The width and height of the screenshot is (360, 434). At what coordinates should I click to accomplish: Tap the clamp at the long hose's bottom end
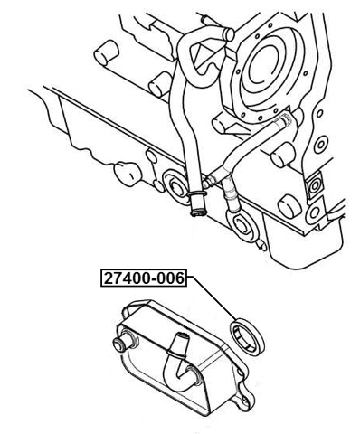195,209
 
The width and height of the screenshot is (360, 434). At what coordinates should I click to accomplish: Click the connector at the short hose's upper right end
284,117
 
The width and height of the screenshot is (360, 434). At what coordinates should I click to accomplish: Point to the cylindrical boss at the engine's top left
107,49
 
